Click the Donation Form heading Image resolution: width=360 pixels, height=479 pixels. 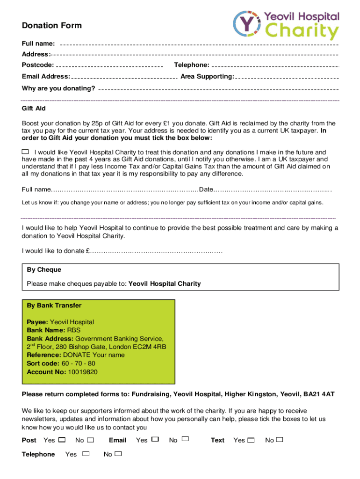coord(51,25)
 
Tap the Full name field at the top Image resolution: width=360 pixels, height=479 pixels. coord(199,44)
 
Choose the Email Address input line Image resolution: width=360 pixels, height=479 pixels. coord(123,77)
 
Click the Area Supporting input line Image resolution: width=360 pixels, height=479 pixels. coord(287,77)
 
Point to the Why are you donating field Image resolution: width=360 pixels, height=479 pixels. coord(218,89)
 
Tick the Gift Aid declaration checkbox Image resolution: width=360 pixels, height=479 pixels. coord(25,152)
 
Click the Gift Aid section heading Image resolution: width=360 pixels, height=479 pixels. coord(34,108)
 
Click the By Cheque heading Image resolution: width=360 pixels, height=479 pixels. coord(44,270)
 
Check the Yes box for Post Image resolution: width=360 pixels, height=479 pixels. coord(62,440)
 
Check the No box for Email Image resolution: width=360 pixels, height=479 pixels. coord(185,439)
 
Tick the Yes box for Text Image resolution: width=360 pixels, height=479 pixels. coord(251,440)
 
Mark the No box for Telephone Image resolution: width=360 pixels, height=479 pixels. coord(118,454)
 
